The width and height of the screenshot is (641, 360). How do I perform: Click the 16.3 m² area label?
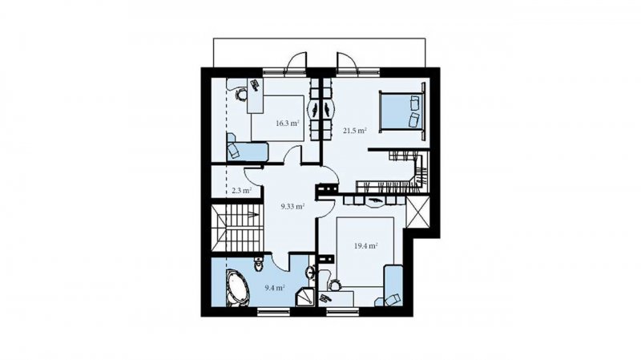pyautogui.click(x=288, y=123)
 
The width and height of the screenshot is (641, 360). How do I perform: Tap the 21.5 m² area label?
pyautogui.click(x=354, y=131)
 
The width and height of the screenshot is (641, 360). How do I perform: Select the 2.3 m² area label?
pyautogui.click(x=241, y=190)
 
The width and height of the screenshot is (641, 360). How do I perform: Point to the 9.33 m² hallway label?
pyautogui.click(x=292, y=207)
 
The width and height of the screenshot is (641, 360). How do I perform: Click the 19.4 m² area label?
pyautogui.click(x=365, y=246)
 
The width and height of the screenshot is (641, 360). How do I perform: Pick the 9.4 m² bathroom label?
pyautogui.click(x=275, y=288)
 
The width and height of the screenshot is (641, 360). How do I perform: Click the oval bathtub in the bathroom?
pyautogui.click(x=237, y=287)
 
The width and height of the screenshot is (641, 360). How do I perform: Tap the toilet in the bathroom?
pyautogui.click(x=259, y=265)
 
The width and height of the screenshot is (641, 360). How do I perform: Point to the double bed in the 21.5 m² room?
pyautogui.click(x=402, y=111)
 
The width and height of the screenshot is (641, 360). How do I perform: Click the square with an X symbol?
pyautogui.click(x=417, y=212)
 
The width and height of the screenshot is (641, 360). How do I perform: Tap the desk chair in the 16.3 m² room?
pyautogui.click(x=241, y=94)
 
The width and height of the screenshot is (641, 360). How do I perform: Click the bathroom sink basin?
pyautogui.click(x=311, y=272)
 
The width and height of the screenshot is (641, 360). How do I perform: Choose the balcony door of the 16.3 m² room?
pyautogui.click(x=296, y=64)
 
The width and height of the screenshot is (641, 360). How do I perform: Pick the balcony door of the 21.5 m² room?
pyautogui.click(x=346, y=64)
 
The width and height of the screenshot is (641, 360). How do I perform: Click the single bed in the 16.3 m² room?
pyautogui.click(x=247, y=151)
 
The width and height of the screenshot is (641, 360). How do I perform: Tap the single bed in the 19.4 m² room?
pyautogui.click(x=393, y=285)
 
